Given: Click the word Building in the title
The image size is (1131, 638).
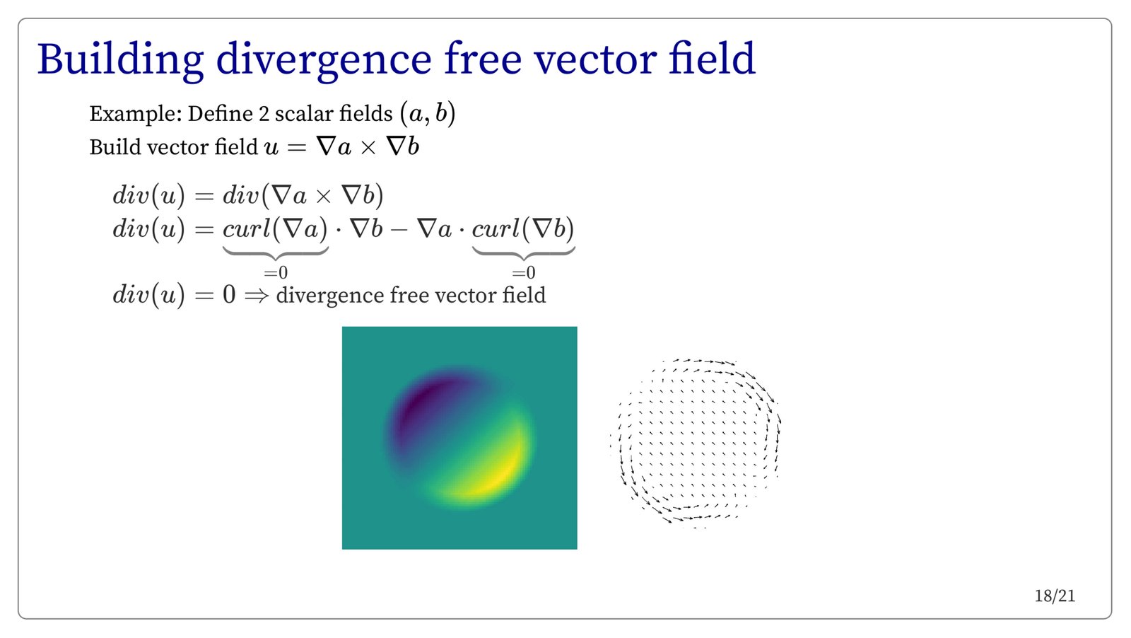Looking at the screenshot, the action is pyautogui.click(x=121, y=60).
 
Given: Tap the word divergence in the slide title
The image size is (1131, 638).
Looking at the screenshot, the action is pyautogui.click(x=324, y=60).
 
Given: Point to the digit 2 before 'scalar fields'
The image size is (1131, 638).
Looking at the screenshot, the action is pyautogui.click(x=264, y=114).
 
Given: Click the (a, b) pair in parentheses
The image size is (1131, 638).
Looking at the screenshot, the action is pyautogui.click(x=428, y=113).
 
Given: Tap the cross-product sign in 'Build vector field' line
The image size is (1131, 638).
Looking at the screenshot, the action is pyautogui.click(x=368, y=148).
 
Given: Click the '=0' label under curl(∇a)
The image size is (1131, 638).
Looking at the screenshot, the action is pyautogui.click(x=276, y=273).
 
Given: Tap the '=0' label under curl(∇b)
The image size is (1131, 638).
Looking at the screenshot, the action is pyautogui.click(x=524, y=273).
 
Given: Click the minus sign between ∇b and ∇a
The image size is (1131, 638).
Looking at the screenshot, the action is pyautogui.click(x=399, y=231).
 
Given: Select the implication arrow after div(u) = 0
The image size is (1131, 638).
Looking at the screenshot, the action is pyautogui.click(x=256, y=296).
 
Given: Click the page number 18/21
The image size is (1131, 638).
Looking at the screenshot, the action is pyautogui.click(x=1055, y=596).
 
